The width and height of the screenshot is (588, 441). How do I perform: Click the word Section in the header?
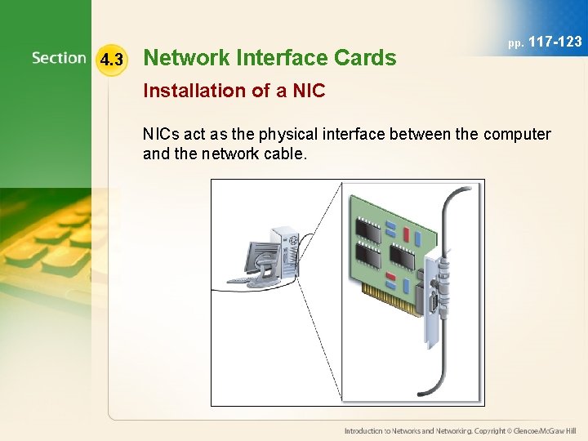[59, 58]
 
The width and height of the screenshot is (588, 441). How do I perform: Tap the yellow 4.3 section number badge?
[110, 60]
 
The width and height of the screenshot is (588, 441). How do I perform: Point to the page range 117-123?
[555, 41]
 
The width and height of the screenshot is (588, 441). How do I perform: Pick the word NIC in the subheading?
[309, 91]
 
